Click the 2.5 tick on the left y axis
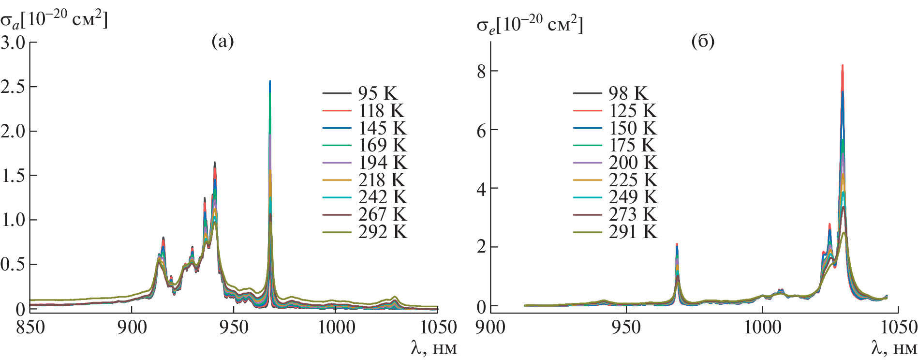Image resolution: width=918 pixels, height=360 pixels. click(x=13, y=87)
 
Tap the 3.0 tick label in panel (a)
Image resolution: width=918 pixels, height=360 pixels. click(x=13, y=43)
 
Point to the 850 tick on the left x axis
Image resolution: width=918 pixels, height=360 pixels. click(x=30, y=328)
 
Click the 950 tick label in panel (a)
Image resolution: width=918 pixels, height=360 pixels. click(x=234, y=328)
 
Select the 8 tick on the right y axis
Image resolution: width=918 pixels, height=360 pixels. click(x=481, y=72)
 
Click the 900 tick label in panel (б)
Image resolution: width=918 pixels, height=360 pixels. click(x=490, y=328)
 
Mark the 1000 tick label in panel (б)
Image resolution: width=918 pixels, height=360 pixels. click(x=763, y=328)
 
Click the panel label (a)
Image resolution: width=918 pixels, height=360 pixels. click(x=222, y=42)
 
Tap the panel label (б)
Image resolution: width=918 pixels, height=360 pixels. click(x=703, y=42)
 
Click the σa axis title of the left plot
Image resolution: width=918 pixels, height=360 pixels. click(x=53, y=20)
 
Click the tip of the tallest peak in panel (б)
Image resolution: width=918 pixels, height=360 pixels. click(x=843, y=65)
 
